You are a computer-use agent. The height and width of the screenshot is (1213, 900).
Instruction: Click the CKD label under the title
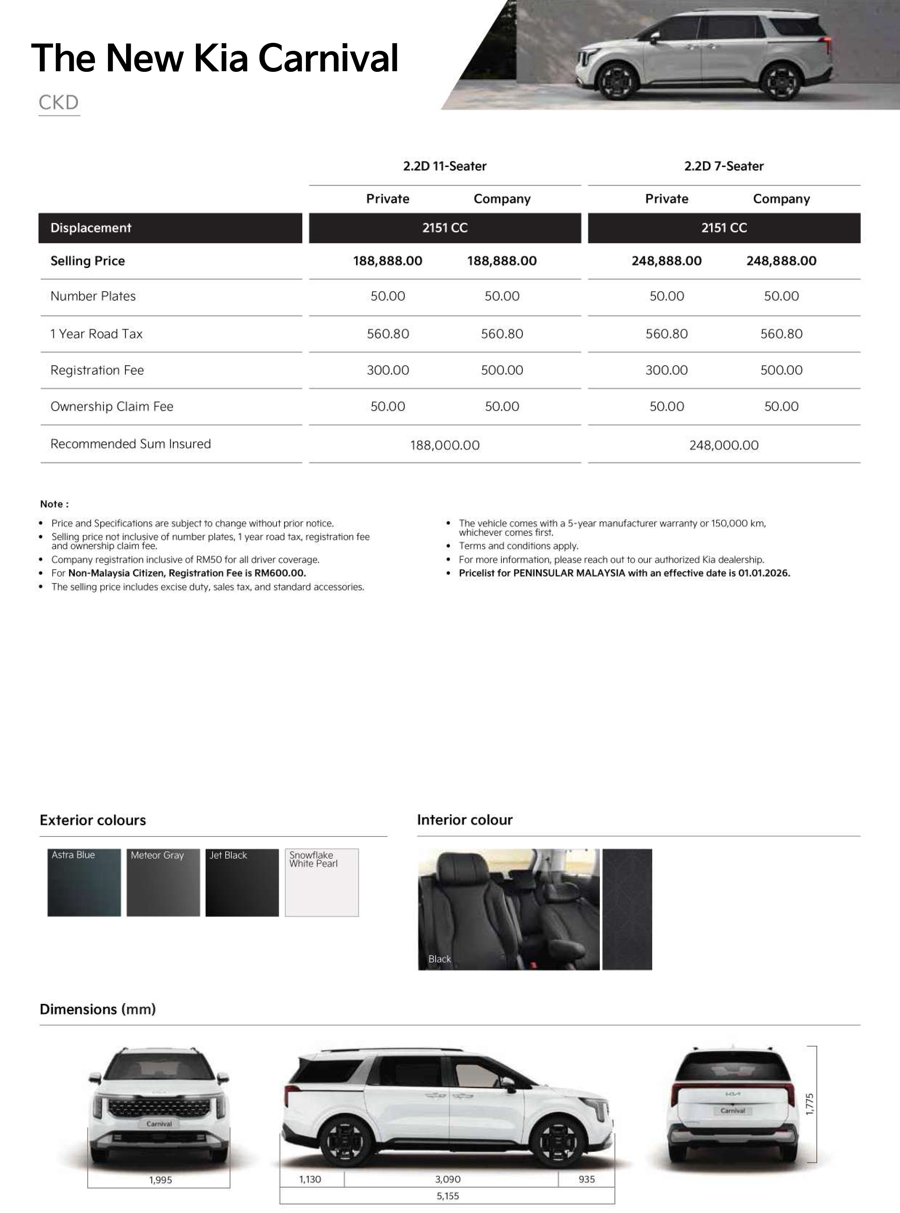[x=59, y=102]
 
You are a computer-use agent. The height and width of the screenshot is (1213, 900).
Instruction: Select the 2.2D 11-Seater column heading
[x=445, y=166]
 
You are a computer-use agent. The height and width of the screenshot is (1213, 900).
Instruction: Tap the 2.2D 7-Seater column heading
[x=723, y=166]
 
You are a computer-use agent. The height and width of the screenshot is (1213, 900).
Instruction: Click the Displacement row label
[x=91, y=228]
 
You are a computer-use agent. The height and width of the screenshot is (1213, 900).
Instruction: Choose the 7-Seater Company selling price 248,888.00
[x=781, y=261]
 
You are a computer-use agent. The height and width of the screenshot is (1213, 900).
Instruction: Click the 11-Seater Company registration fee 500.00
[x=502, y=370]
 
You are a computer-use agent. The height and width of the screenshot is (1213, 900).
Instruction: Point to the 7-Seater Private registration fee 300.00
[x=666, y=370]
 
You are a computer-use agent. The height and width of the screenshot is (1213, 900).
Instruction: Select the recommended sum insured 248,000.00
[x=723, y=445]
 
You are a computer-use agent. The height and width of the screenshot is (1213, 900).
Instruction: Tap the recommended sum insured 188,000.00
[x=445, y=445]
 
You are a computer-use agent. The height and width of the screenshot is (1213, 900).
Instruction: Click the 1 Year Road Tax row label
[x=96, y=334]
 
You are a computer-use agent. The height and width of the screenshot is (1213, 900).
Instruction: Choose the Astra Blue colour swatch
[x=84, y=883]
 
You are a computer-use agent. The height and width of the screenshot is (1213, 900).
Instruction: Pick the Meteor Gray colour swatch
[x=163, y=883]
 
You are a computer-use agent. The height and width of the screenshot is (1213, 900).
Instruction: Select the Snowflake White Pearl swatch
[x=322, y=883]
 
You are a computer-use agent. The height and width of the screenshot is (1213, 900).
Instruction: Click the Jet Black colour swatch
[x=242, y=883]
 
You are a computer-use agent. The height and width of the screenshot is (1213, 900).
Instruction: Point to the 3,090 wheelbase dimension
[x=448, y=1179]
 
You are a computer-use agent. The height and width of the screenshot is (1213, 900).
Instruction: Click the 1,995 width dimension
[x=160, y=1180]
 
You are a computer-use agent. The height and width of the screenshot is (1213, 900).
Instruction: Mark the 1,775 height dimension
[x=810, y=1104]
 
